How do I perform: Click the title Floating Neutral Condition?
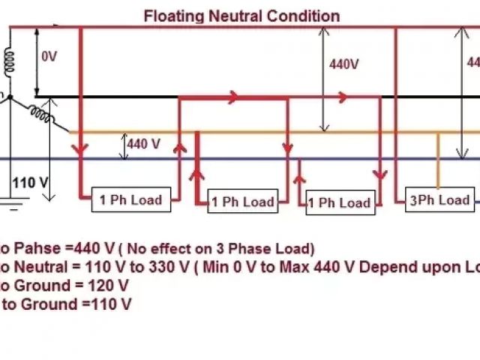[x=241, y=16]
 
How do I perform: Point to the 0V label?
[x=49, y=55]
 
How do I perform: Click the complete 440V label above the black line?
[x=343, y=64]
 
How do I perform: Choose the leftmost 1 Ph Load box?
[x=131, y=199]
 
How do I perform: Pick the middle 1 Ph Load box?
[x=242, y=201]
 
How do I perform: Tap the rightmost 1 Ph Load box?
[x=340, y=202]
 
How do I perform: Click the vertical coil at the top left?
[x=10, y=59]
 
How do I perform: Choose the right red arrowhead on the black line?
[x=343, y=97]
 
